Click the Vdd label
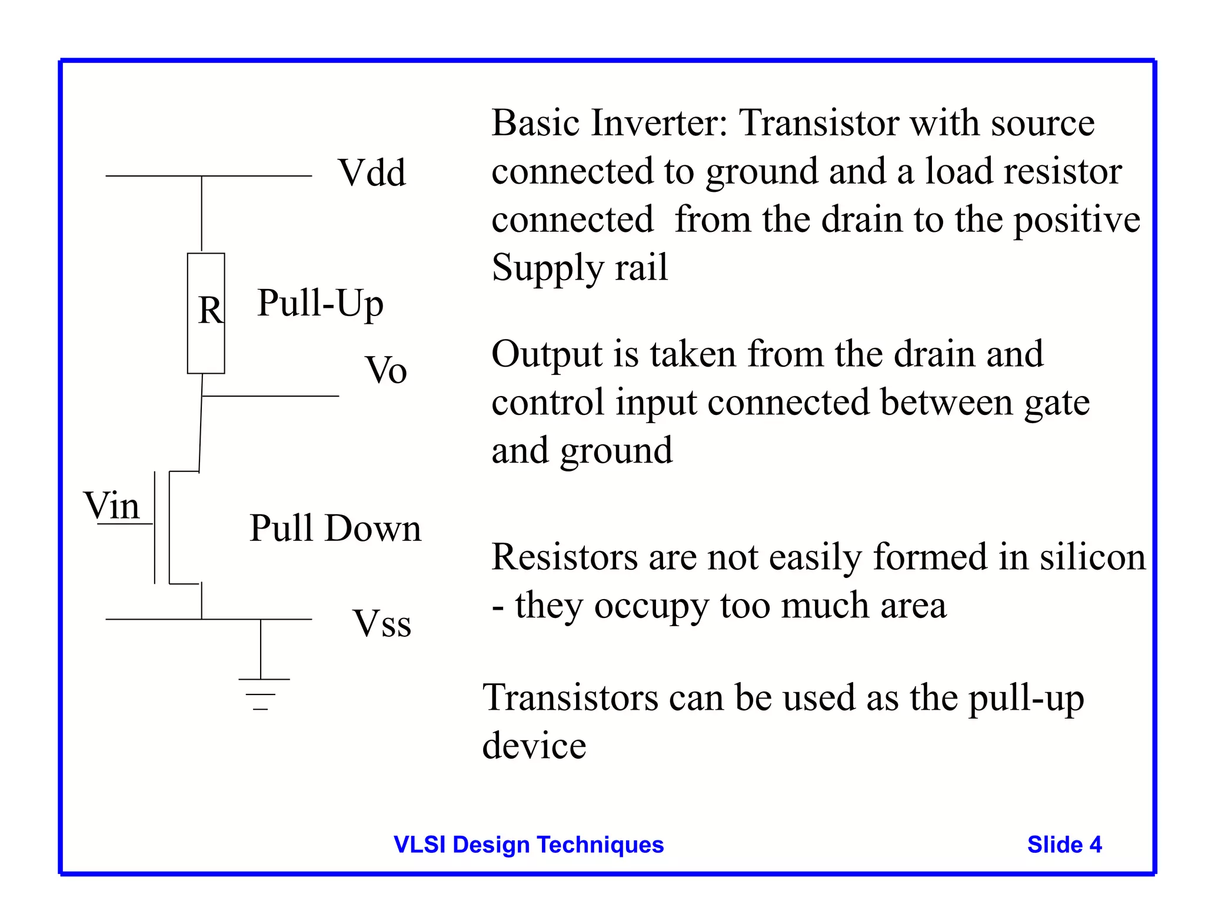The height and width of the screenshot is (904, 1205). [372, 173]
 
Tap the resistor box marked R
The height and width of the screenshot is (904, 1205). [206, 313]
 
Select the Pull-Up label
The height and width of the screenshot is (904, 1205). [320, 304]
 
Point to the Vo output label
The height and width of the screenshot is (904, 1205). [386, 371]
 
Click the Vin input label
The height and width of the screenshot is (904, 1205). [112, 506]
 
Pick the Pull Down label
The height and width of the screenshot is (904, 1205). [335, 528]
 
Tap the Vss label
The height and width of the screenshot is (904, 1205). [381, 624]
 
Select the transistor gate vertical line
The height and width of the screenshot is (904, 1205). [155, 527]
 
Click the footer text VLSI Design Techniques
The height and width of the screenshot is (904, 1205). [528, 845]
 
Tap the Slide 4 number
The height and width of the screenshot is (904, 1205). [1064, 845]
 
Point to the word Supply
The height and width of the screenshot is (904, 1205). [547, 268]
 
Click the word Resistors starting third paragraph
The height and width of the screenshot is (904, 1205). [564, 557]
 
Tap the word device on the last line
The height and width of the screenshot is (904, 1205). [534, 746]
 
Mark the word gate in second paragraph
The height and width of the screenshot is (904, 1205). [1057, 404]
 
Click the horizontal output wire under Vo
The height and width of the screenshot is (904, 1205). [271, 396]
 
